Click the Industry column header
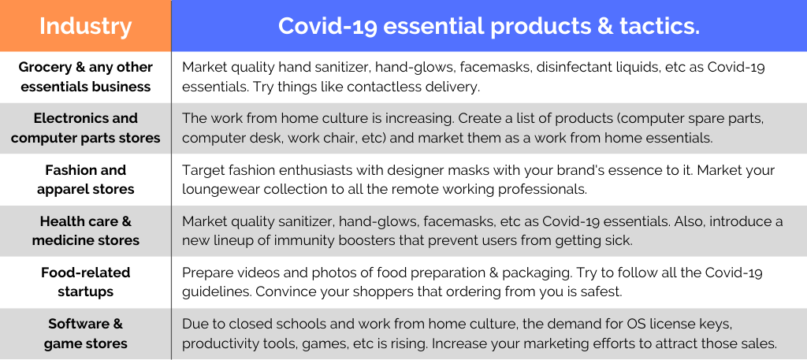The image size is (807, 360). point(85,26)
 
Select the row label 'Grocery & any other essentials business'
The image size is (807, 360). point(85,76)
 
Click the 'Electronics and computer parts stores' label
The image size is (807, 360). point(85,128)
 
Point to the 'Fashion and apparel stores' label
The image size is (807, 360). point(85,180)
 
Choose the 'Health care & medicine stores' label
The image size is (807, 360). point(85,231)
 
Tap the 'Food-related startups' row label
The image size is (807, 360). point(85,282)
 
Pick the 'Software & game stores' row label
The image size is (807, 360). point(85,333)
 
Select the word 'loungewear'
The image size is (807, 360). point(214,190)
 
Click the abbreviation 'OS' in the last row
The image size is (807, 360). point(634,325)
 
